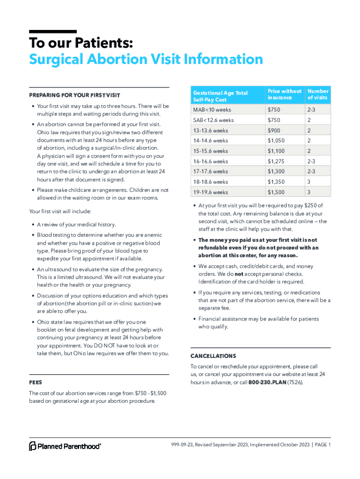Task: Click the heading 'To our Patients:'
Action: [x=81, y=44]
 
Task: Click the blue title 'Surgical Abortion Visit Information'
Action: [x=146, y=59]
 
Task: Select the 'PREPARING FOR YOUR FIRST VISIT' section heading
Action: [x=75, y=95]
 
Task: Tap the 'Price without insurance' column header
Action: [x=284, y=94]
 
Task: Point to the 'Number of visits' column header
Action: [x=318, y=94]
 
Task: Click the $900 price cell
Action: [x=274, y=130]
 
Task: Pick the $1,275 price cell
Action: [x=276, y=161]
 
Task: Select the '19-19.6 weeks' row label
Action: [x=211, y=192]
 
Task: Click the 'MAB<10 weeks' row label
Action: [x=212, y=109]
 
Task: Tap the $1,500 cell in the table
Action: [x=276, y=192]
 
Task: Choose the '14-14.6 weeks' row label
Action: [x=211, y=140]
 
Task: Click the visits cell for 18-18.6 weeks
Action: [x=309, y=181]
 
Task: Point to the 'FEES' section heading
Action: [x=36, y=382]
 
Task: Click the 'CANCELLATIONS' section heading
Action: [x=213, y=356]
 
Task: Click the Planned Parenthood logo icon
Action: [x=33, y=446]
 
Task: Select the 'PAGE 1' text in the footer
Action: [x=321, y=445]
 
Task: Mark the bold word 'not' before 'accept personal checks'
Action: [x=238, y=274]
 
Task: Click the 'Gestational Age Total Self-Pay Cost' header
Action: [x=220, y=96]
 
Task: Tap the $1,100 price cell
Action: [x=276, y=151]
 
